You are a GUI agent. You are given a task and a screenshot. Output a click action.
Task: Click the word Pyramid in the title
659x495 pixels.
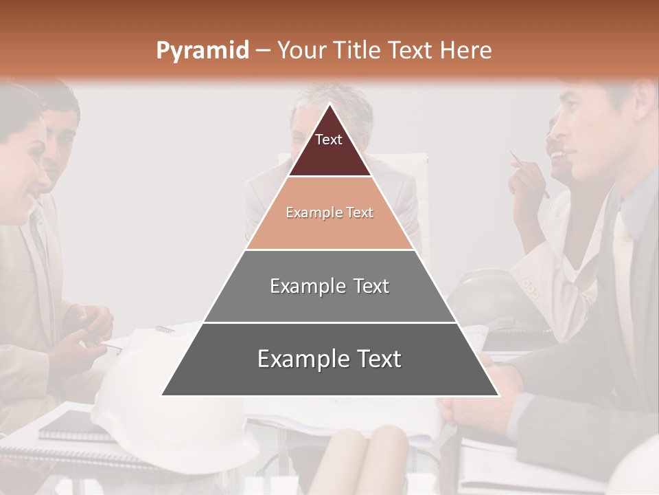202,51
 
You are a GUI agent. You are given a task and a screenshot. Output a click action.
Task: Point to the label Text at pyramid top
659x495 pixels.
329,140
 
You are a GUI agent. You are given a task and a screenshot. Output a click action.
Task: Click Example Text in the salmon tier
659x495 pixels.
329,212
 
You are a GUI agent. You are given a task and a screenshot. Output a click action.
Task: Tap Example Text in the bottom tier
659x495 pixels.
329,359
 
